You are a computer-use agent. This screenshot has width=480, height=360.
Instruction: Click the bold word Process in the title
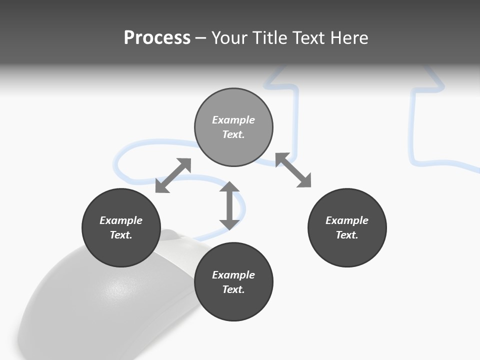[157, 38]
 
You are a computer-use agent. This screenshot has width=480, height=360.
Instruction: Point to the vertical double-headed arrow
[229, 205]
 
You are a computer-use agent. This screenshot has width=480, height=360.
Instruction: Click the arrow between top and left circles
[173, 175]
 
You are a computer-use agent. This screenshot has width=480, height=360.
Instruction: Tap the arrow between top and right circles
[293, 170]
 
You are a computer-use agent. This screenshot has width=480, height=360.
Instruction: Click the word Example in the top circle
[233, 120]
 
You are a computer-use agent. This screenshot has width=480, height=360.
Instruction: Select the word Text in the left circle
[120, 235]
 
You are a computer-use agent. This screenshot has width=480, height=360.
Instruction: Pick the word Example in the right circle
[347, 220]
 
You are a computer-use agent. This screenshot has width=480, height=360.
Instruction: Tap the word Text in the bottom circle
[233, 289]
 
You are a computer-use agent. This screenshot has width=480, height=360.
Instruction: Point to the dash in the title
[200, 38]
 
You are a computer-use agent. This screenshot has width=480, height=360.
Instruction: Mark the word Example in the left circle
[121, 220]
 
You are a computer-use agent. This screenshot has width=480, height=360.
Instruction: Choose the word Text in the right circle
[346, 235]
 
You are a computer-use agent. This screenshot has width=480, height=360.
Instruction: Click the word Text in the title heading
[309, 38]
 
